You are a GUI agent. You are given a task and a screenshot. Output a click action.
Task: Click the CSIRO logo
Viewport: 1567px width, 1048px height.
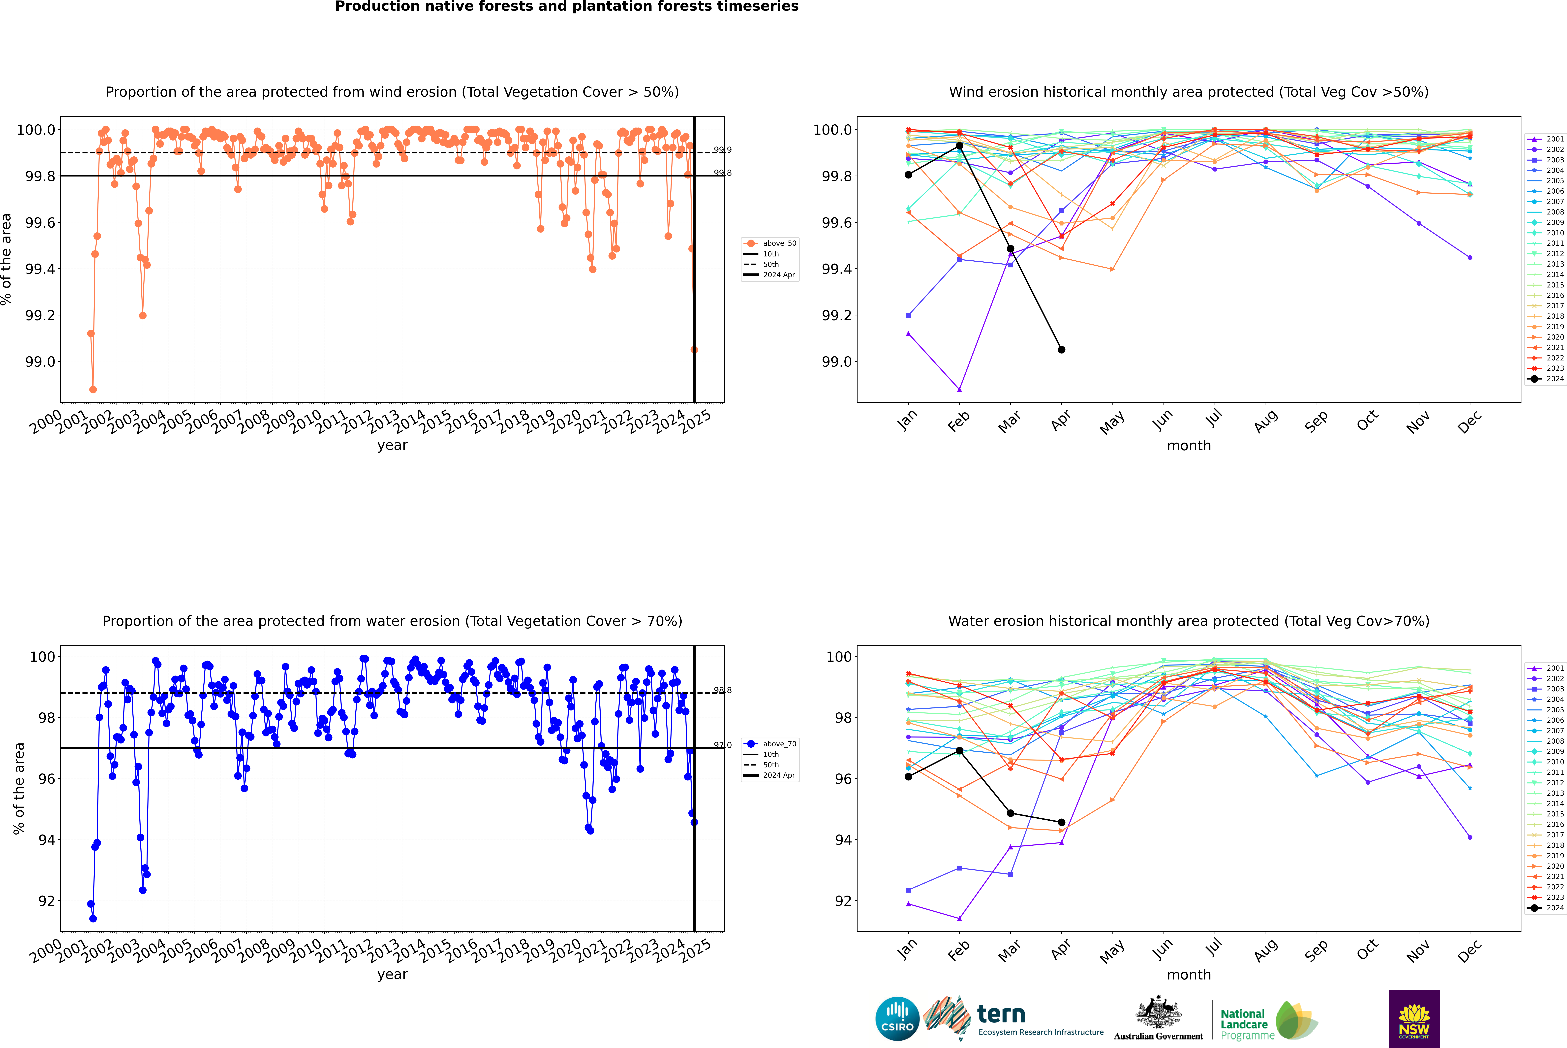click(x=897, y=1019)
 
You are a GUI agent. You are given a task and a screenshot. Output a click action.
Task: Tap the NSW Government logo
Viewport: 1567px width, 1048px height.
click(x=1414, y=1019)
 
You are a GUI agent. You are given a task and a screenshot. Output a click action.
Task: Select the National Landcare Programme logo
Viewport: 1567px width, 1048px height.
click(x=1266, y=1021)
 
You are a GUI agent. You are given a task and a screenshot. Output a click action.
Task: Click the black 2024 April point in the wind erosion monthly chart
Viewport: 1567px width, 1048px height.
click(x=1061, y=349)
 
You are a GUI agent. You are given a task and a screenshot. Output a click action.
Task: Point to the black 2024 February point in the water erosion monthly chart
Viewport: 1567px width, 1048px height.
click(x=959, y=751)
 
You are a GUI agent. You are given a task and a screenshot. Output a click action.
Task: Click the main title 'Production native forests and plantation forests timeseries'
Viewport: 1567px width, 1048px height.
click(x=566, y=7)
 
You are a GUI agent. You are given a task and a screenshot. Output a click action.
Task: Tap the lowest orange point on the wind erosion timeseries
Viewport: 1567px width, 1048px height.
click(x=93, y=389)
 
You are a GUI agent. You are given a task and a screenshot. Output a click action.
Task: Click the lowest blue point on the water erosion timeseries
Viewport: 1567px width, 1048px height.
click(x=93, y=918)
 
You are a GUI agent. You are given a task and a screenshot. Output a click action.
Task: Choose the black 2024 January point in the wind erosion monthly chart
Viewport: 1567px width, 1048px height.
click(x=908, y=175)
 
